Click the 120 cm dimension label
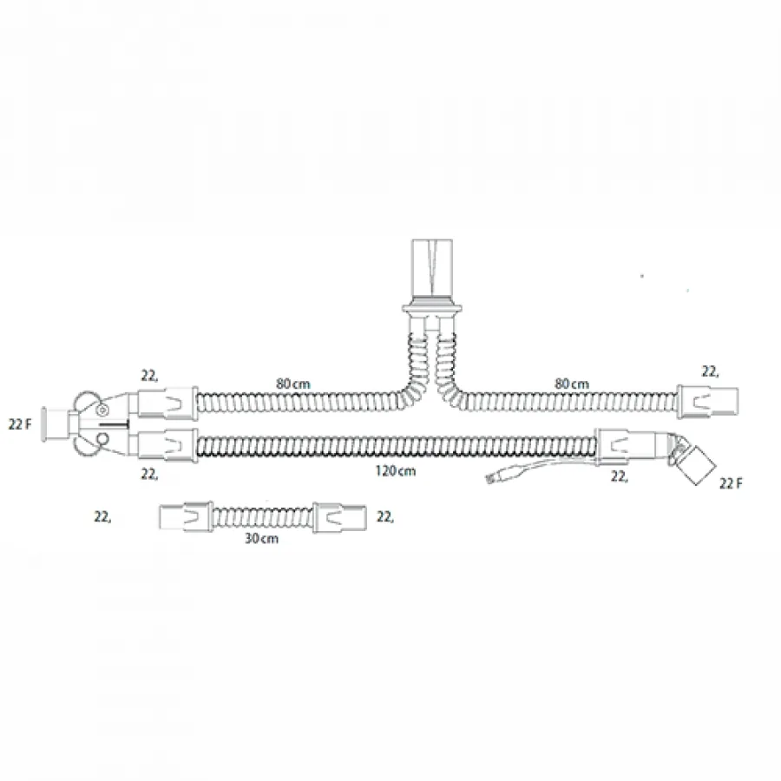[x=396, y=470]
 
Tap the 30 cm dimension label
[x=261, y=538]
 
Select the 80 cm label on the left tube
[x=293, y=384]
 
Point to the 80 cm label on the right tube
[x=572, y=384]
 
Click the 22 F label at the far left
[x=20, y=424]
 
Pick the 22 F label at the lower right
[x=731, y=483]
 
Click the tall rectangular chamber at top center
[x=432, y=268]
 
